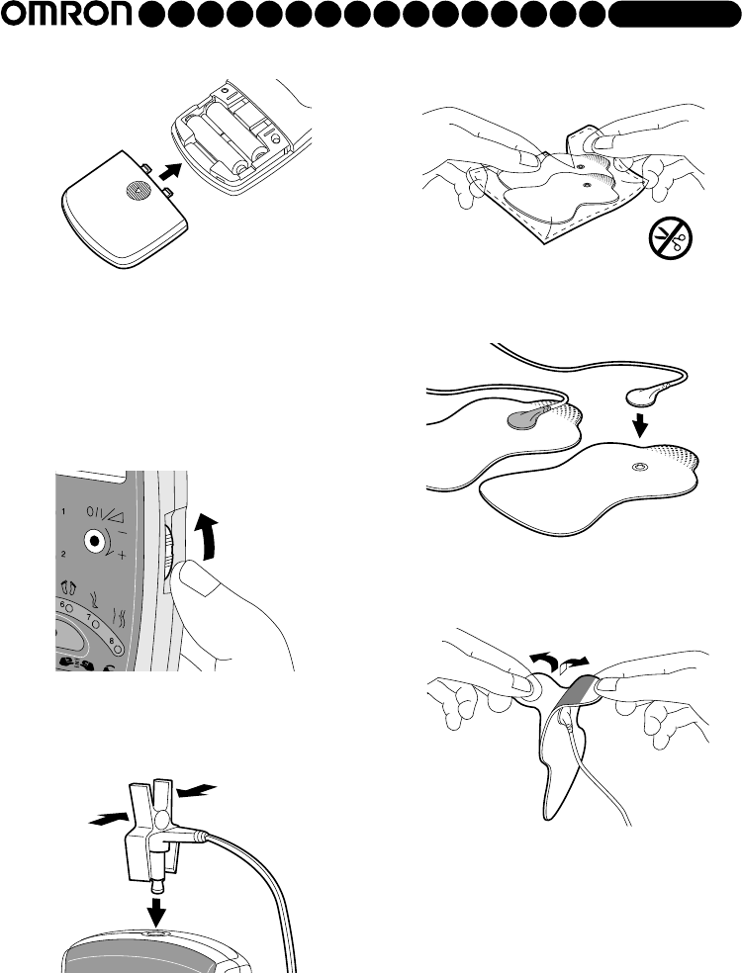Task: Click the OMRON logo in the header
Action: [67, 14]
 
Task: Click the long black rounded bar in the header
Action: [675, 14]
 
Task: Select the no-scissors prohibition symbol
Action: [671, 238]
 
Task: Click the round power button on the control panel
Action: [94, 541]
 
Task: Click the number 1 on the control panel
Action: [63, 512]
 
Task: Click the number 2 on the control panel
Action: [63, 554]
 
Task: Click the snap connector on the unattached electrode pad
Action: [639, 467]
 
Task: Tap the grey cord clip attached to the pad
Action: [525, 420]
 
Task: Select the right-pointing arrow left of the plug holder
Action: [108, 819]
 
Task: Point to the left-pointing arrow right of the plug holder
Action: [197, 790]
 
